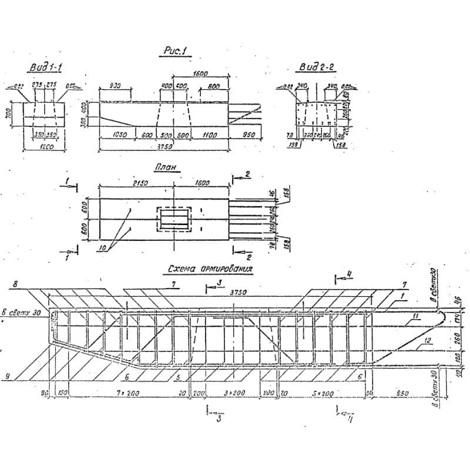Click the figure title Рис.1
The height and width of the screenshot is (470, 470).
pos(173,52)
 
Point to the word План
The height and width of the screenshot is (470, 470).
pos(166,167)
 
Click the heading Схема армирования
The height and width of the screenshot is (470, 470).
pos(210,270)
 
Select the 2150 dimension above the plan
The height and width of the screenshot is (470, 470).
pos(139,183)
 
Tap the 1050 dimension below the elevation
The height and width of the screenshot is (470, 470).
pos(119,135)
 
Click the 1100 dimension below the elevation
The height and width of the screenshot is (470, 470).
pos(210,135)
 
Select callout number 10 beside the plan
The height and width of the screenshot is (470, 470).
pos(103,249)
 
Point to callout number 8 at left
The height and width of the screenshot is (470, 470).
pos(15,284)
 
